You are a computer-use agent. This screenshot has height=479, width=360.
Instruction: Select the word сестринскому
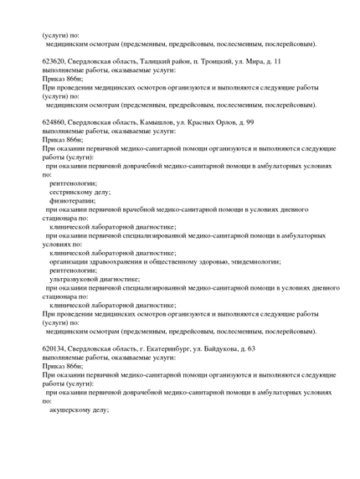click(x=75, y=192)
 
